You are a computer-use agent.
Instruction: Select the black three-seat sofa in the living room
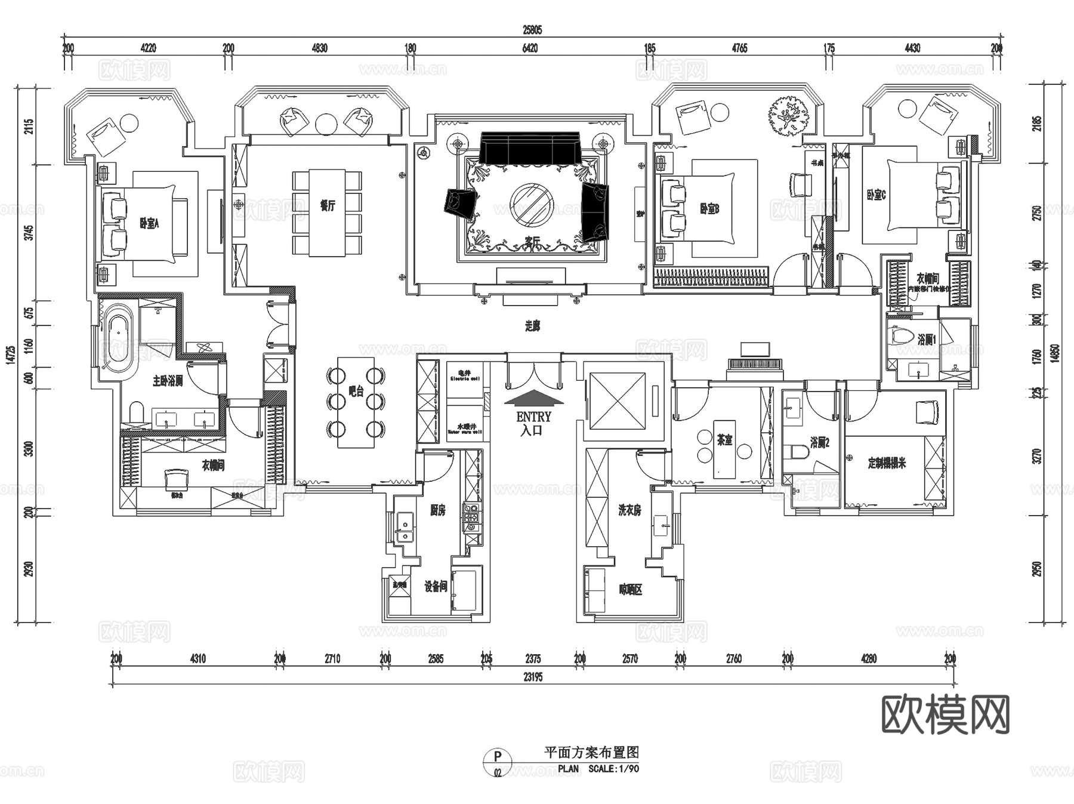(x=530, y=147)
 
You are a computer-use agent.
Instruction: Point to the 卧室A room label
(x=149, y=224)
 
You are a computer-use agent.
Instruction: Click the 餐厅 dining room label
(x=327, y=206)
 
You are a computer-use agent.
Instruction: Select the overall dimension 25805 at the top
(x=532, y=30)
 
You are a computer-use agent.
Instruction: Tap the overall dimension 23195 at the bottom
(x=533, y=677)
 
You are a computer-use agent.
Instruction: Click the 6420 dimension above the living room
(x=530, y=48)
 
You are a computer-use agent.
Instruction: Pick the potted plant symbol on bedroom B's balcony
(x=788, y=116)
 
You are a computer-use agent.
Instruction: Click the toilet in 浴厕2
(x=795, y=452)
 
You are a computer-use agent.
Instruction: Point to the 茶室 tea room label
(x=725, y=440)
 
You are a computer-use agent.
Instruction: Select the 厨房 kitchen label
(x=438, y=510)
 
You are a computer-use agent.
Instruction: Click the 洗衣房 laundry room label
(x=630, y=510)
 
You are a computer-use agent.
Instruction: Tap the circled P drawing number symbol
(x=498, y=757)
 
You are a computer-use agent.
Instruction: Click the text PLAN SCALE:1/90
(x=598, y=769)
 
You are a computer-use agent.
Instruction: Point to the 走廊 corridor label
(x=533, y=326)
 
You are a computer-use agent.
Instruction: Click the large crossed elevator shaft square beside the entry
(x=618, y=401)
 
